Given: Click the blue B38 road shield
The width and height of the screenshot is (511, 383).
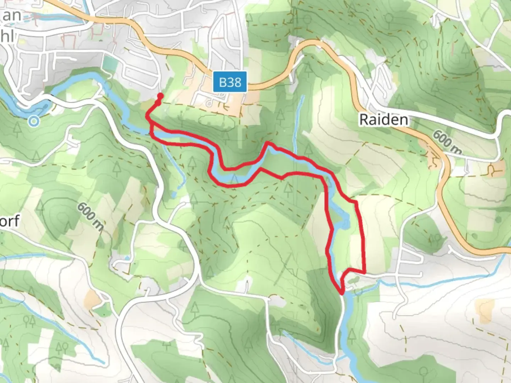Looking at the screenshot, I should pyautogui.click(x=230, y=82).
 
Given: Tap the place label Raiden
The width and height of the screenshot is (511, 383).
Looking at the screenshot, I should pyautogui.click(x=383, y=120).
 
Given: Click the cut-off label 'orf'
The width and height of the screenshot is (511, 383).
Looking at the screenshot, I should pyautogui.click(x=10, y=221).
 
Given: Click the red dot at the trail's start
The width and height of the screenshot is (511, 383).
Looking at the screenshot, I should pyautogui.click(x=160, y=96).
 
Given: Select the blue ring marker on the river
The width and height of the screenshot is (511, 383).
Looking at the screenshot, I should pyautogui.click(x=34, y=121).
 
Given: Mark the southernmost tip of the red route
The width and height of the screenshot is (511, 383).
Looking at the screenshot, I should pyautogui.click(x=342, y=293).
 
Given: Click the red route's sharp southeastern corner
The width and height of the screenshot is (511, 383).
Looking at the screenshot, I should pyautogui.click(x=364, y=272).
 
